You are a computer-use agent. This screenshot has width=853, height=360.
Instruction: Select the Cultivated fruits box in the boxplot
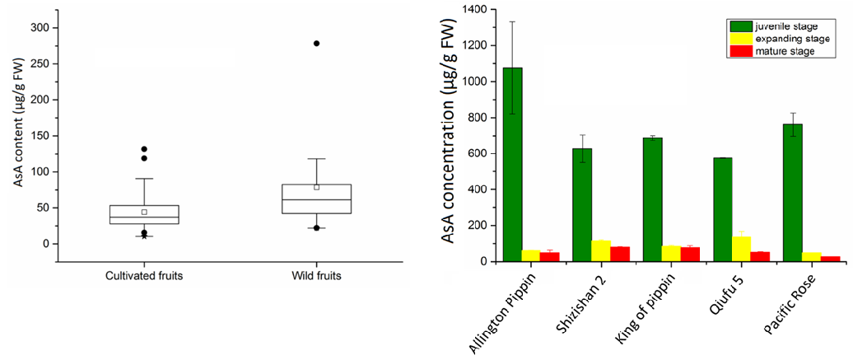(143, 214)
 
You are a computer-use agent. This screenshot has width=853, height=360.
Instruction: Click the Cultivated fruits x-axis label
(143, 275)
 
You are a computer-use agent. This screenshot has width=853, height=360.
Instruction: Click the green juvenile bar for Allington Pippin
(512, 165)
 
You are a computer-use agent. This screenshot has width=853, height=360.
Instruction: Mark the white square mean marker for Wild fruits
(316, 187)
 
